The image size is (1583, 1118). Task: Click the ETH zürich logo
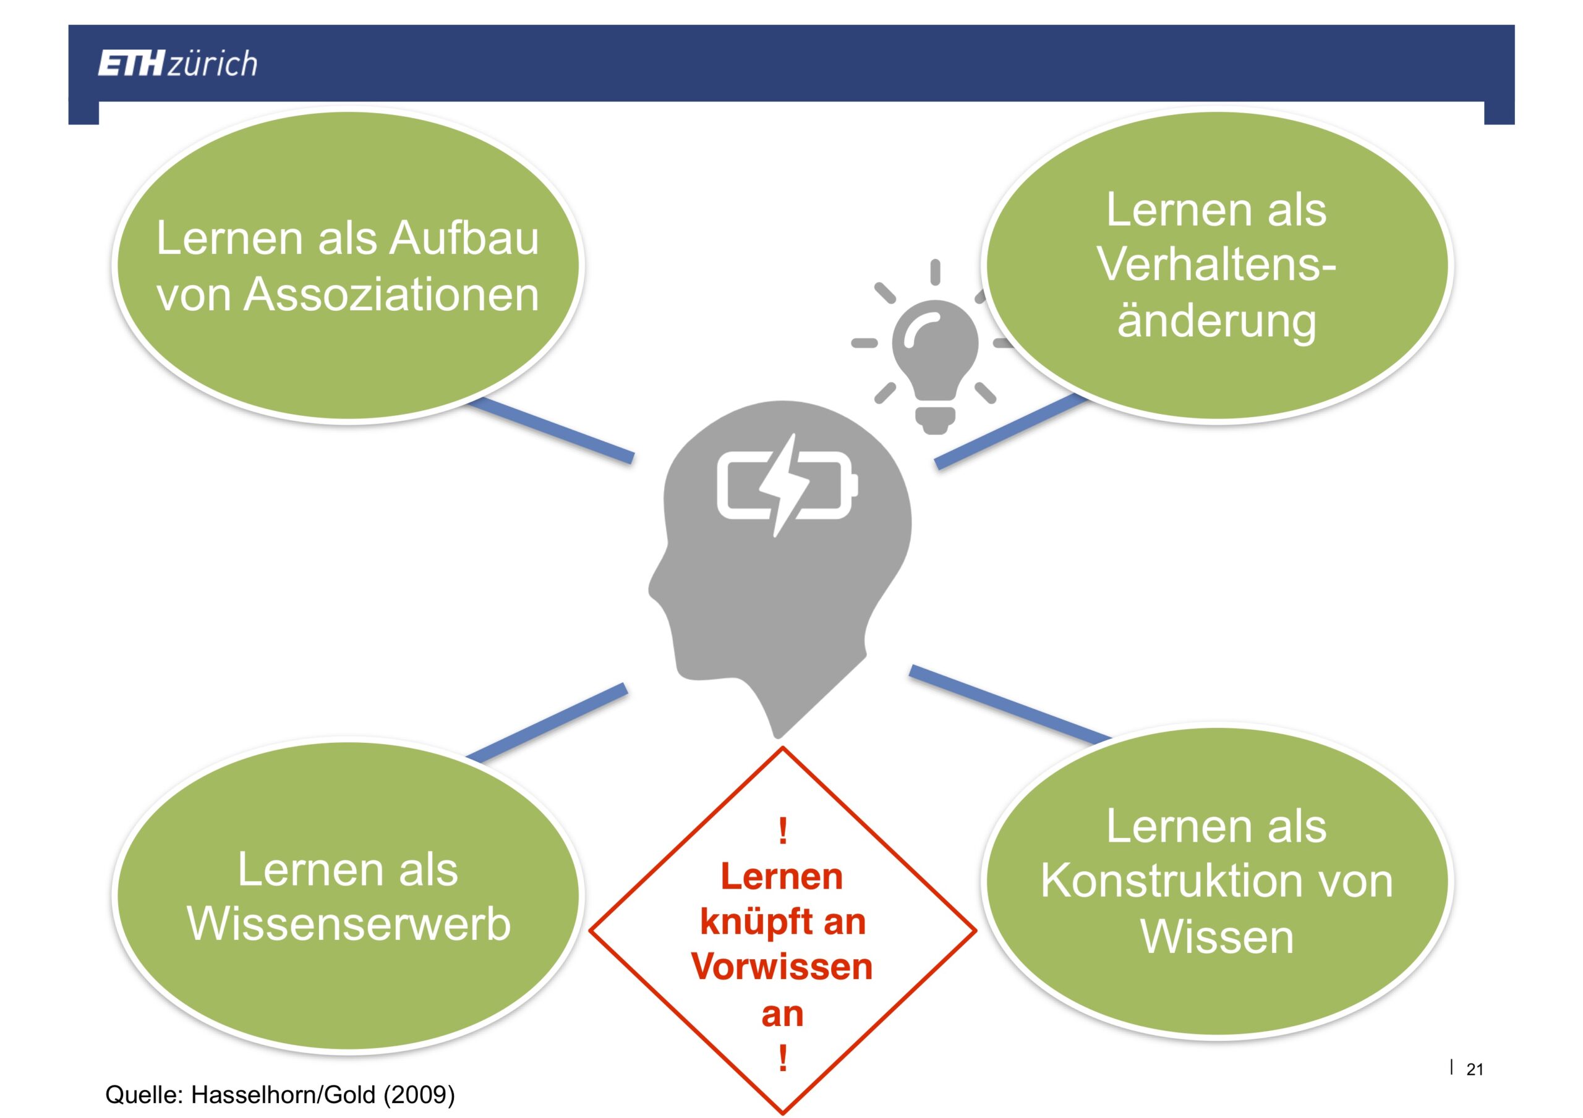click(177, 64)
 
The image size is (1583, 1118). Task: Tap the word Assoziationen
click(391, 294)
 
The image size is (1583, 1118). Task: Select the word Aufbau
click(464, 238)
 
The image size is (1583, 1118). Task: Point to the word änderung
click(1216, 322)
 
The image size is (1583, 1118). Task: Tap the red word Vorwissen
click(782, 967)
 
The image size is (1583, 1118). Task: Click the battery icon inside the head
click(787, 485)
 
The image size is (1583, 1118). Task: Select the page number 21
click(1475, 1069)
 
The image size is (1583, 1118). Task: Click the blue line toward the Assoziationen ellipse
click(550, 428)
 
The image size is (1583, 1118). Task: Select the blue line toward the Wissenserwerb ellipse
click(546, 722)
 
